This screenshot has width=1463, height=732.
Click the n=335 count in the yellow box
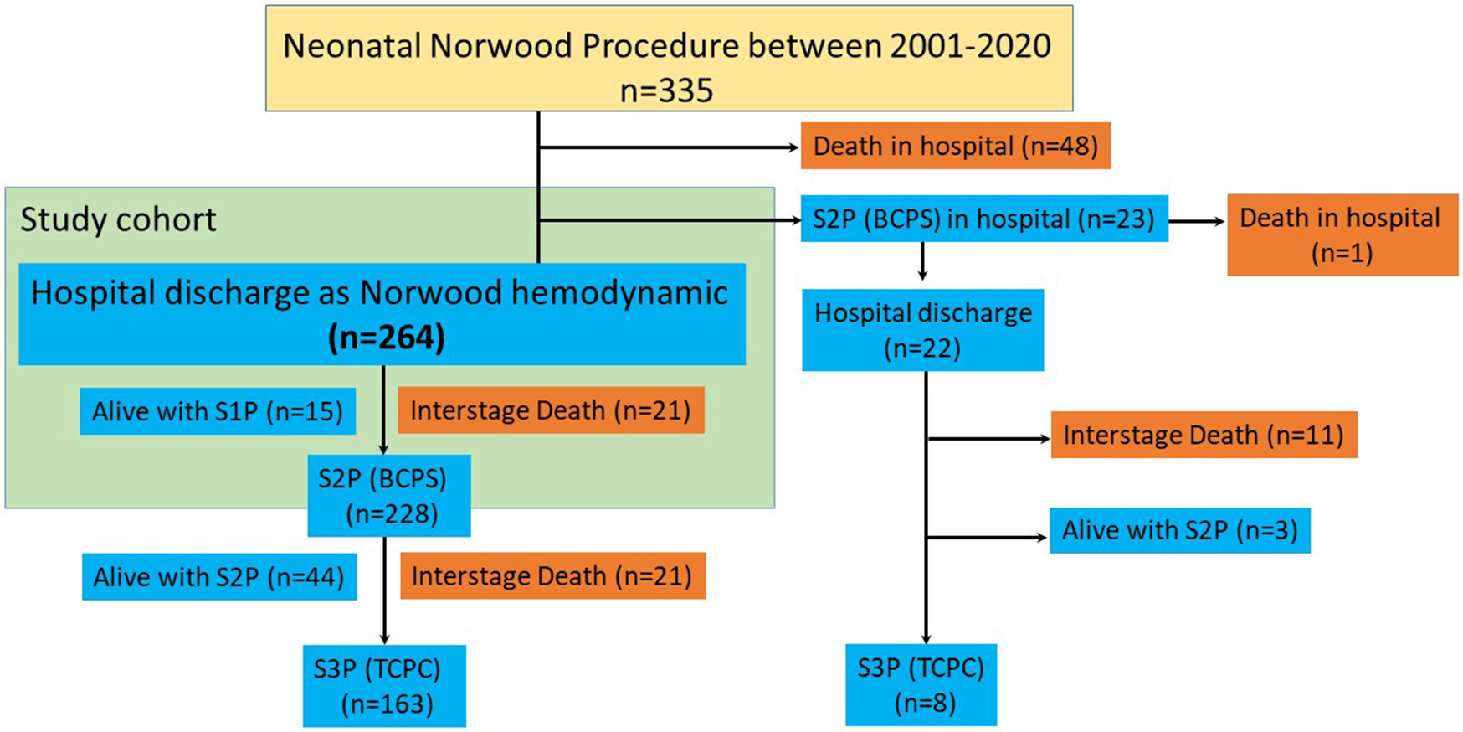click(x=667, y=90)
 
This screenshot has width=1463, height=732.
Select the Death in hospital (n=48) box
click(x=955, y=147)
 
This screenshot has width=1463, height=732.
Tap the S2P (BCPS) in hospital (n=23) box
click(x=983, y=219)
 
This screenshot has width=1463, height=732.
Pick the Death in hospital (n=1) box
click(x=1342, y=235)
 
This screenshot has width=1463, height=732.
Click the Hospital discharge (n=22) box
click(x=922, y=330)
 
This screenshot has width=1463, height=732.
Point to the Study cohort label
click(x=118, y=220)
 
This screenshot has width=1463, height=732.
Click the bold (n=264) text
click(x=386, y=338)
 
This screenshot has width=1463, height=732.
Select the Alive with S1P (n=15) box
click(x=218, y=411)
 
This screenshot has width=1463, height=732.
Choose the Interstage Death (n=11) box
click(x=1204, y=436)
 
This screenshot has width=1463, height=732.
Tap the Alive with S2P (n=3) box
click(x=1179, y=531)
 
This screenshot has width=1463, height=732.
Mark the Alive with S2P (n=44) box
click(x=219, y=577)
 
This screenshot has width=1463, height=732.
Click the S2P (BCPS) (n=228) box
click(x=389, y=496)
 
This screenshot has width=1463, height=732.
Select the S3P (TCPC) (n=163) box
click(x=385, y=686)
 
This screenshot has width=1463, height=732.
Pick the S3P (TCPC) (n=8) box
click(x=921, y=685)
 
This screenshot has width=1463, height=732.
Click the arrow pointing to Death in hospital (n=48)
click(x=670, y=147)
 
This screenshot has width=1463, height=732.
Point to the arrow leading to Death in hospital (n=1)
click(x=1197, y=222)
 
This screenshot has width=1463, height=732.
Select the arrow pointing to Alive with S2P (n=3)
click(x=988, y=538)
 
